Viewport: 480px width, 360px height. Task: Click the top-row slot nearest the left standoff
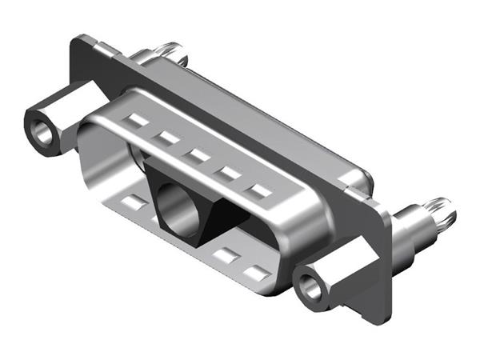(x=138, y=122)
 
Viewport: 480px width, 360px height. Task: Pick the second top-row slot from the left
(x=168, y=138)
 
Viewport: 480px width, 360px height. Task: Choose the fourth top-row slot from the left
(x=230, y=172)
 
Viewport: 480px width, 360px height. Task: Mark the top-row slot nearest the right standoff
(x=259, y=191)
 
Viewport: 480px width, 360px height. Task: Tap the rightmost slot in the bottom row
(x=257, y=273)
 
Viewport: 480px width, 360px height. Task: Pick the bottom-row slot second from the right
(x=227, y=255)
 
